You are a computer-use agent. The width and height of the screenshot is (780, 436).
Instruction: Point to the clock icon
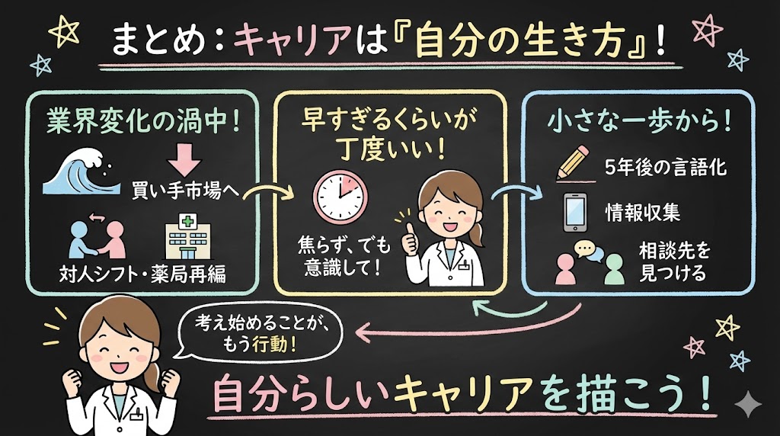point(339,197)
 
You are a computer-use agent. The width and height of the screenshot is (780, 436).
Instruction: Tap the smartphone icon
point(574,212)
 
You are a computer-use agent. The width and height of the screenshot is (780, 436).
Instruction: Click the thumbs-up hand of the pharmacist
point(409,237)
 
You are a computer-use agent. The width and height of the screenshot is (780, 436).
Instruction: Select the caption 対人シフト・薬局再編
point(143,274)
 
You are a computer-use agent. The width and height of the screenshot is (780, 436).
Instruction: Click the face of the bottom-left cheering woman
point(115,339)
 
